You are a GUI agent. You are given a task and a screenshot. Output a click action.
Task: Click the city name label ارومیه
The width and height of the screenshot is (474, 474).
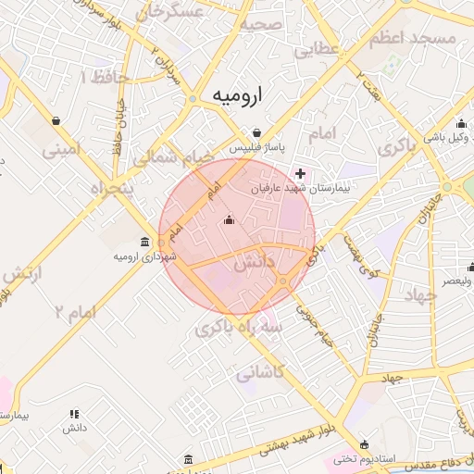[237, 94]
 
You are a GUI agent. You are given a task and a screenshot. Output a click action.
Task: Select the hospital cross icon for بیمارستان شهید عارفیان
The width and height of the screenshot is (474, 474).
[300, 172]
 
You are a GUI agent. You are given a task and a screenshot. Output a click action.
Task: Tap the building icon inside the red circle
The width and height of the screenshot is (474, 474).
[230, 219]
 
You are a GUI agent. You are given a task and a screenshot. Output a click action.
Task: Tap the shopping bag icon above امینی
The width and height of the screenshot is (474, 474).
[56, 120]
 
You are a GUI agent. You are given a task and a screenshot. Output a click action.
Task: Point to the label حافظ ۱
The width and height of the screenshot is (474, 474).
[96, 78]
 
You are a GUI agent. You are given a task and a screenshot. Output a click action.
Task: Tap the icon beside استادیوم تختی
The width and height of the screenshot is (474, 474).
[363, 444]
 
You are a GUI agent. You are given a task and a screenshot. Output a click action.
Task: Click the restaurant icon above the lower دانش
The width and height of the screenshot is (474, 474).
[74, 414]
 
